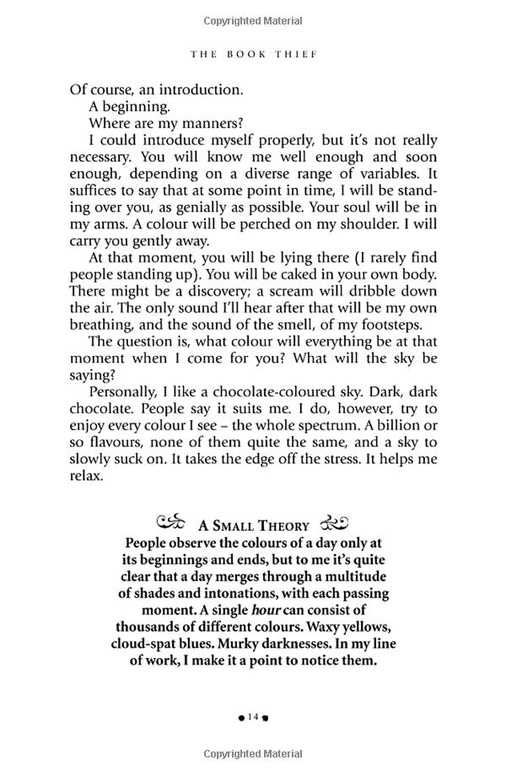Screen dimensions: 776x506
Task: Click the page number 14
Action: click(x=252, y=717)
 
